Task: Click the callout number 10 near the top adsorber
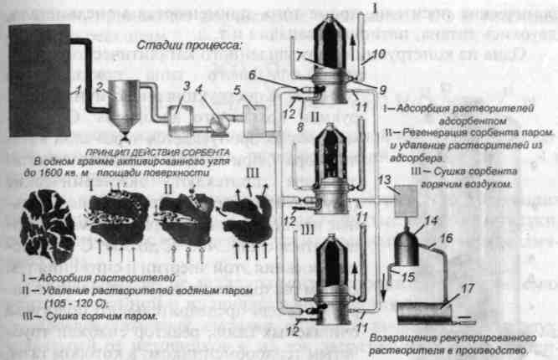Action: coord(379,53)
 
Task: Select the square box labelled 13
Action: coord(408,204)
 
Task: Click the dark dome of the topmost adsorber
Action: coord(330,33)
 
